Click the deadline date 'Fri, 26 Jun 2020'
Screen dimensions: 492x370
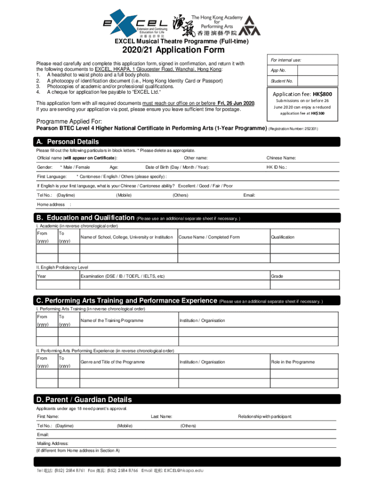236,103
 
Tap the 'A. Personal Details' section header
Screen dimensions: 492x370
67,142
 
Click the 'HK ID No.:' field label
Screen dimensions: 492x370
277,167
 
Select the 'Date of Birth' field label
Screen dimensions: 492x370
177,167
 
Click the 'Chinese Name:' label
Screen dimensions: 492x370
281,158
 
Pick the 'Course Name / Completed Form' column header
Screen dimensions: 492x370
209,237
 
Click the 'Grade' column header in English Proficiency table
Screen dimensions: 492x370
276,276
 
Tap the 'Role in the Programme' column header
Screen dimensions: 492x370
293,362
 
